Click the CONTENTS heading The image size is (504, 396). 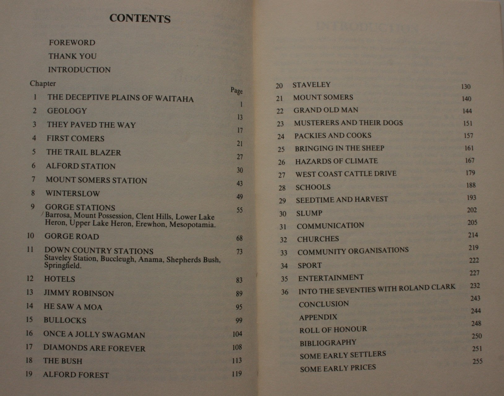coord(140,19)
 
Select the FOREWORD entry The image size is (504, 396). coord(72,43)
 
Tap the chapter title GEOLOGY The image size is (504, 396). coord(67,111)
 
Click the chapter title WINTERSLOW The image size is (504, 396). coord(73,194)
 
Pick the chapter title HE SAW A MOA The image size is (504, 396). coord(73,307)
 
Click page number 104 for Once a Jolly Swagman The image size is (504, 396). coord(237,334)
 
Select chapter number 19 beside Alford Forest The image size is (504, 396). coord(29,374)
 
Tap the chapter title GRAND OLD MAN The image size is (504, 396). coord(326,110)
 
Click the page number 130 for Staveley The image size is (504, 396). coord(466,87)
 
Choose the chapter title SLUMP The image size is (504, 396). coord(309,213)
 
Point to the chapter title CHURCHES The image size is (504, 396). coord(318,239)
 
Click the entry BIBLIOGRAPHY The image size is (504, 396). coord(328,343)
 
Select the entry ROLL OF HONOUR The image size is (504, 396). coord(333,330)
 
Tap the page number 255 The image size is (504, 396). coord(477,361)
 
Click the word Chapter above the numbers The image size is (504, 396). coord(43,84)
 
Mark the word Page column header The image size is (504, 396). coord(237,91)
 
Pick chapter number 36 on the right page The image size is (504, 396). coord(285,292)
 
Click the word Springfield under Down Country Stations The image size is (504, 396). coord(62,265)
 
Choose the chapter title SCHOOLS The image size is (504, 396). coord(313,187)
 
